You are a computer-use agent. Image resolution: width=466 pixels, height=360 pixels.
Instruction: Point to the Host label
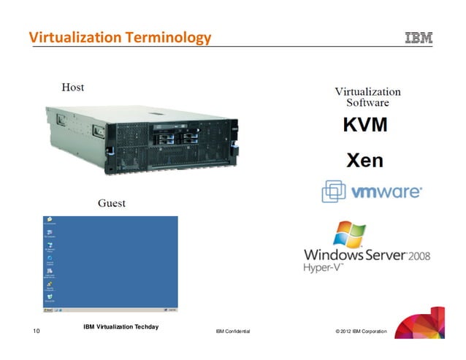pos(72,88)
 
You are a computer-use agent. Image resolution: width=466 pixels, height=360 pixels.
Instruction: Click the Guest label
pos(111,203)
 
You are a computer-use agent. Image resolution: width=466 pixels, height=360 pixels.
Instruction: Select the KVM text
pos(366,125)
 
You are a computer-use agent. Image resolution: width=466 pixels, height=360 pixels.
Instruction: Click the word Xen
pos(364,160)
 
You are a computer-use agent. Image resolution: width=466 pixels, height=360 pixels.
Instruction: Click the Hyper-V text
pos(324,268)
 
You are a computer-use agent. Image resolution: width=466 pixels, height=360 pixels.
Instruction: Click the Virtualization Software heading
pos(367,97)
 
